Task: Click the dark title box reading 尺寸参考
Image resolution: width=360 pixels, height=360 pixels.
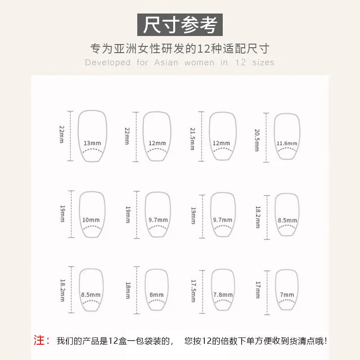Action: [x=180, y=25]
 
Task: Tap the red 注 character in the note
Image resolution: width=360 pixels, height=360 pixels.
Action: [x=39, y=340]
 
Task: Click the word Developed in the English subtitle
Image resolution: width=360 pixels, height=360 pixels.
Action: [x=108, y=63]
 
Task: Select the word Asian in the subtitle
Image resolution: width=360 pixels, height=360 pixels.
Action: [x=166, y=63]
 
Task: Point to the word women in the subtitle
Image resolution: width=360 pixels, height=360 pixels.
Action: [x=199, y=63]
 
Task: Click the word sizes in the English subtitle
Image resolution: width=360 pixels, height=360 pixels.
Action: [x=263, y=63]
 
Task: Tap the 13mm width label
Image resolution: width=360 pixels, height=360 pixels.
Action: [x=92, y=143]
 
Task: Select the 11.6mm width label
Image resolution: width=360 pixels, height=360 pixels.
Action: [x=287, y=144]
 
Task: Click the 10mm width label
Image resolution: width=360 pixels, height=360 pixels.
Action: [x=91, y=220]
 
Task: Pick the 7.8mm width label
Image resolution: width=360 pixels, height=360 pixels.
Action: [x=223, y=295]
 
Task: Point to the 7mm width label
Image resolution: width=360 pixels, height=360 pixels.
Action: [x=287, y=295]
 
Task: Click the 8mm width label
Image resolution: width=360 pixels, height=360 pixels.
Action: [x=157, y=295]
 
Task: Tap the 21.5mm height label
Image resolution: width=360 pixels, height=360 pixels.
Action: [x=193, y=139]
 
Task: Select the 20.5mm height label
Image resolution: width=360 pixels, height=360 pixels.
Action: [x=257, y=140]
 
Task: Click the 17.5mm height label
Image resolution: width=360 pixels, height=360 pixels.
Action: [x=193, y=291]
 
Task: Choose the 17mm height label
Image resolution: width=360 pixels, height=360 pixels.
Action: [x=258, y=290]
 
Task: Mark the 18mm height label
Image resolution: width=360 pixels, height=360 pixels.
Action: [x=128, y=290]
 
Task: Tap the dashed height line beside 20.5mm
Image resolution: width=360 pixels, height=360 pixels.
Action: [x=266, y=138]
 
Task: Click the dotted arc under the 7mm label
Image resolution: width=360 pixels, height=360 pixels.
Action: [x=287, y=301]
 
